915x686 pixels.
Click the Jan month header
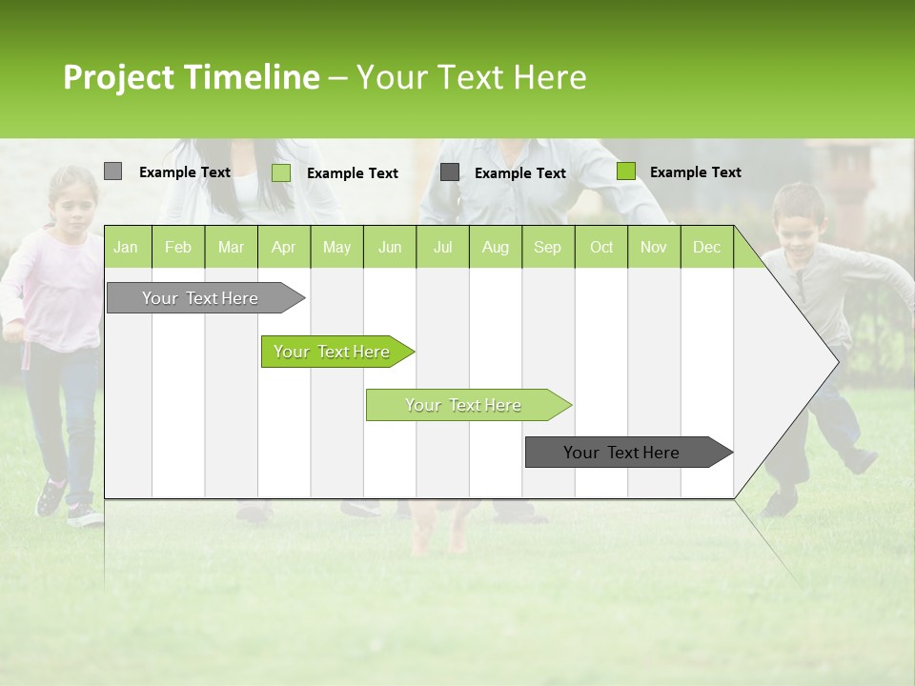(126, 248)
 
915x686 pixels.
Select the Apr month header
(283, 248)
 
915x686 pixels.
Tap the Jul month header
(442, 248)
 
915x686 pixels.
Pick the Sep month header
(547, 248)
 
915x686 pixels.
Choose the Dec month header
(706, 248)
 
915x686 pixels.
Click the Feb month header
(178, 248)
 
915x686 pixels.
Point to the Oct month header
(601, 248)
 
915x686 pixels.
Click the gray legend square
(112, 171)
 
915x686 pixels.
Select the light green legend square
(281, 172)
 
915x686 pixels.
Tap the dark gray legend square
(450, 172)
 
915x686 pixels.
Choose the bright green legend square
(626, 171)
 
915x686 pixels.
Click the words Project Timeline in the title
(191, 77)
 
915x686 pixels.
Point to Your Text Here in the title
(471, 77)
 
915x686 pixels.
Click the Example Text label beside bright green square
(695, 172)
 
